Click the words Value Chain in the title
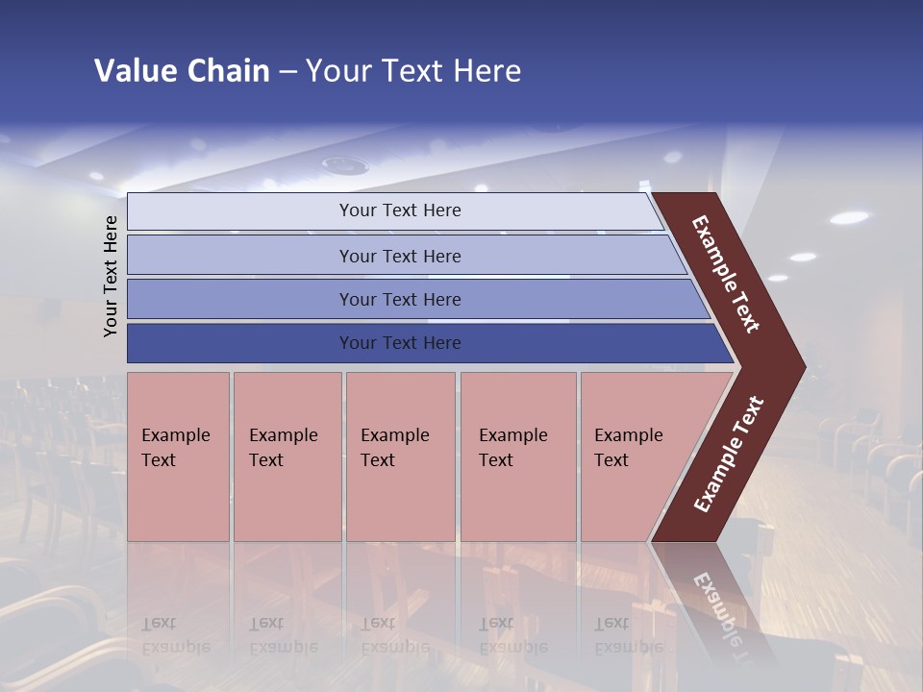[182, 71]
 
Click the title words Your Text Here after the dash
[413, 71]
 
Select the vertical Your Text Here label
[111, 276]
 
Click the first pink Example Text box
[178, 457]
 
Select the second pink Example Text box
[287, 457]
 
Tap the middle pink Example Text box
[400, 457]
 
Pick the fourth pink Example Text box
[517, 457]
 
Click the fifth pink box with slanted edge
[635, 457]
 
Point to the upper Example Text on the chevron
[726, 274]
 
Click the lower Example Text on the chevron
[729, 454]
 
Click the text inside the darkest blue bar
[400, 343]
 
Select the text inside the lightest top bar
[400, 210]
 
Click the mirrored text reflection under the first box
[175, 635]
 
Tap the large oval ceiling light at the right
[848, 218]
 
